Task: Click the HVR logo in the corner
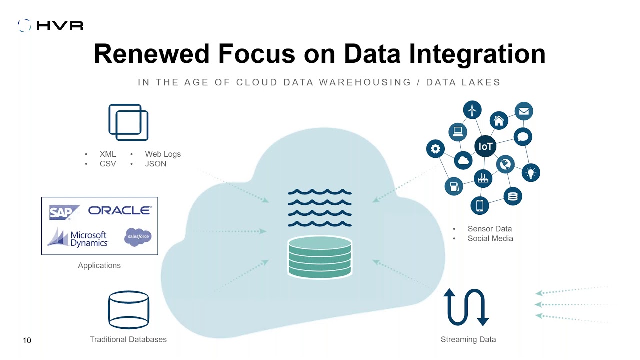tap(50, 25)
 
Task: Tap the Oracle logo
tap(120, 211)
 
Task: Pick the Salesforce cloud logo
tap(137, 237)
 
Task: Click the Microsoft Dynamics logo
tap(78, 238)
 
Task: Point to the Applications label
tap(99, 265)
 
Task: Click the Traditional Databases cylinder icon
tap(128, 310)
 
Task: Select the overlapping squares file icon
tap(128, 122)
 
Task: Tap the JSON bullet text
tap(155, 164)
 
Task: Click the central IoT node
tap(485, 146)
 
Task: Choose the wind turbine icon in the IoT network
tap(472, 109)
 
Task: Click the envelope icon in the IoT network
tap(524, 111)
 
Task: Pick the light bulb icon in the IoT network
tap(531, 173)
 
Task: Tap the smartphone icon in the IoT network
tap(480, 205)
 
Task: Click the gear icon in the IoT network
tap(435, 149)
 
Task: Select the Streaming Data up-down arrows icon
tap(466, 307)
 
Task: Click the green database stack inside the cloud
tap(320, 256)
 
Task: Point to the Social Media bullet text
tap(490, 238)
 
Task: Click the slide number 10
tap(27, 340)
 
